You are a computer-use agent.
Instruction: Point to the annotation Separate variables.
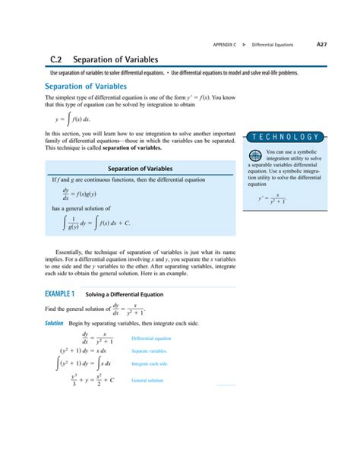pyautogui.click(x=149, y=351)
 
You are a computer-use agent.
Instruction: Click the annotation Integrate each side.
pyautogui.click(x=150, y=364)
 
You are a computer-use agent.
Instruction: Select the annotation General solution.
pyautogui.click(x=147, y=380)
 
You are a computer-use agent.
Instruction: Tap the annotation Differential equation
pyautogui.click(x=151, y=338)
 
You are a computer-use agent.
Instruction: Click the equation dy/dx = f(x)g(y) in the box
pyautogui.click(x=82, y=193)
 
